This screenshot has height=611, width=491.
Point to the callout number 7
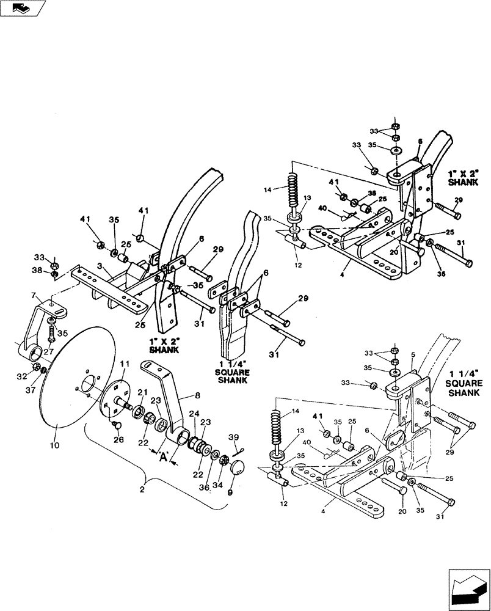[34, 296]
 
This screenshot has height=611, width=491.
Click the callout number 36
[203, 486]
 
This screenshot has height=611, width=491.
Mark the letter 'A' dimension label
[163, 456]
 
